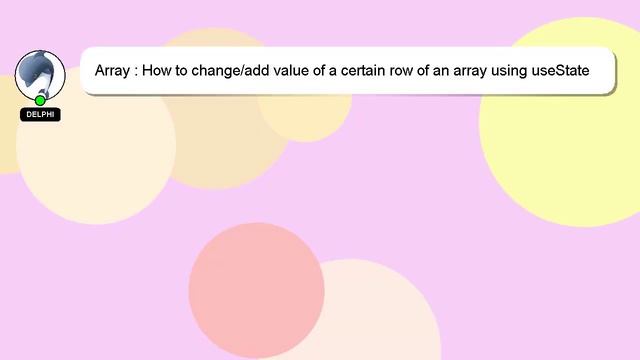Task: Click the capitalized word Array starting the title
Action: [112, 72]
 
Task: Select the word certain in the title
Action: [381, 72]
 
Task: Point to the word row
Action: [424, 72]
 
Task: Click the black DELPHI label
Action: [40, 115]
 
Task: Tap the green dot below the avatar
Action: [40, 100]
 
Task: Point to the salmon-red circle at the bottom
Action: [256, 290]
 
